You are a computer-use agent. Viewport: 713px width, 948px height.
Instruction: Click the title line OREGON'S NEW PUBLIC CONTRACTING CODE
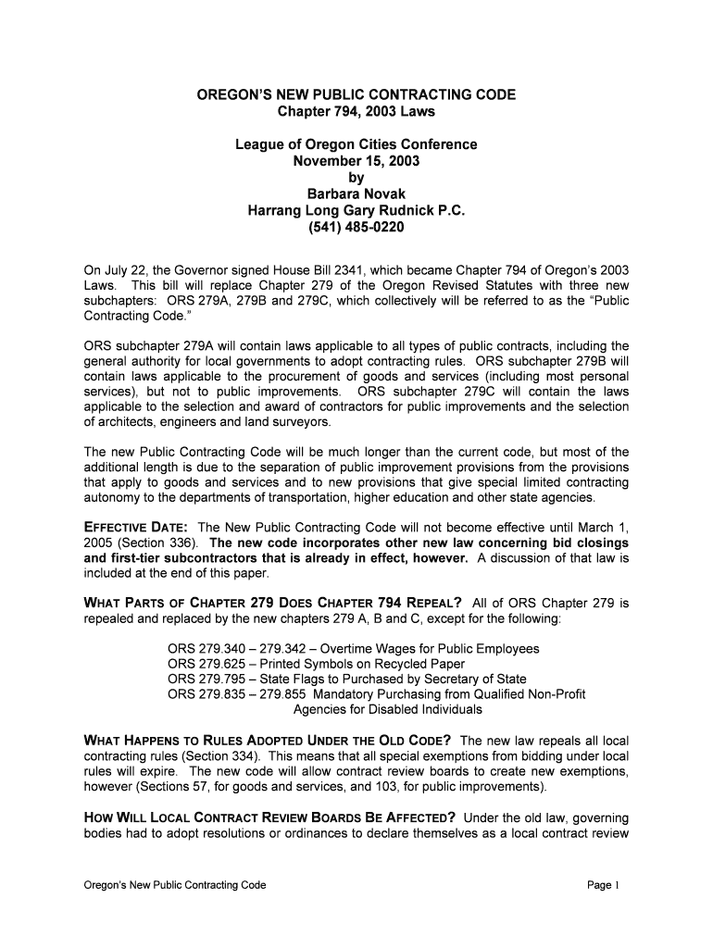(x=356, y=95)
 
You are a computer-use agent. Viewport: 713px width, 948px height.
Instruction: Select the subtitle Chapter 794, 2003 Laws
(x=356, y=112)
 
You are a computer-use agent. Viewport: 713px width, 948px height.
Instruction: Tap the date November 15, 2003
(x=356, y=161)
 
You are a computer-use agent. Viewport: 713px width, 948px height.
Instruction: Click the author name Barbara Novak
(x=356, y=193)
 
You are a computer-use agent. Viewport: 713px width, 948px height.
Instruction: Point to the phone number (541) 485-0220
(x=356, y=227)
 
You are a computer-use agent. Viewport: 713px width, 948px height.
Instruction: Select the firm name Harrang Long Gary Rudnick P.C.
(x=356, y=210)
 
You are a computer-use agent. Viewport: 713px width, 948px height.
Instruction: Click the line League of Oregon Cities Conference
(x=356, y=144)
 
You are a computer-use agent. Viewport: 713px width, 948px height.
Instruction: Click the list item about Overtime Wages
(x=353, y=649)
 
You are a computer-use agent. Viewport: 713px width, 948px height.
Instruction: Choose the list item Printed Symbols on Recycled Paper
(x=316, y=664)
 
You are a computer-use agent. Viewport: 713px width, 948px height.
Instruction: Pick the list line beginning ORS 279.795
(x=333, y=680)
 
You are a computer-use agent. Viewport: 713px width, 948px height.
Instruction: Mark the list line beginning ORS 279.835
(x=376, y=694)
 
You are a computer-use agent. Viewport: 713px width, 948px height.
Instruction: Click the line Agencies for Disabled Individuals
(x=387, y=709)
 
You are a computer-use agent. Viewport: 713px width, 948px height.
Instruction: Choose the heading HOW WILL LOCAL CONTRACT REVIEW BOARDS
(x=269, y=817)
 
